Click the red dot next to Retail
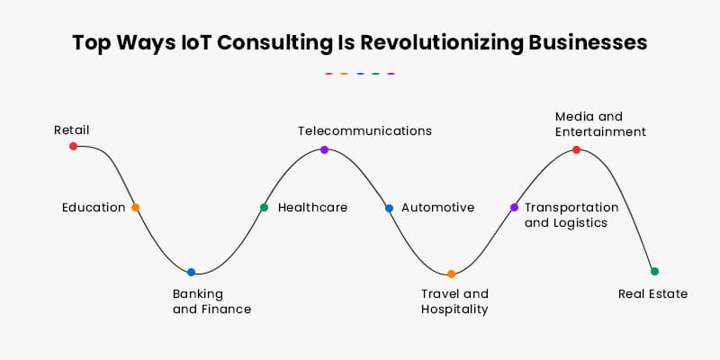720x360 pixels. click(x=74, y=146)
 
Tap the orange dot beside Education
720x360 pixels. click(x=135, y=207)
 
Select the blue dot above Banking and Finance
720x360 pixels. click(x=191, y=272)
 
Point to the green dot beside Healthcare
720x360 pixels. click(x=264, y=207)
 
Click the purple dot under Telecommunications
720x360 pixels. click(x=324, y=149)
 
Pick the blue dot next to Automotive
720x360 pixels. click(x=389, y=208)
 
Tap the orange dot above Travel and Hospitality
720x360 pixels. click(x=451, y=274)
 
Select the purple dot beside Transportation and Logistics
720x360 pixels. click(x=514, y=207)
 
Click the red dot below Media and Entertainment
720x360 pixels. click(x=576, y=150)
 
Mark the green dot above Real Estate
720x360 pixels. click(x=654, y=271)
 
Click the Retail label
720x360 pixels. click(x=71, y=130)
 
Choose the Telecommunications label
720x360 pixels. click(x=364, y=130)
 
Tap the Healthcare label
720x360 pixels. click(x=312, y=208)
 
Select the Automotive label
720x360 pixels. click(x=437, y=208)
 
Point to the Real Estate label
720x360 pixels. click(x=652, y=293)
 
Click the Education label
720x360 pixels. click(x=94, y=208)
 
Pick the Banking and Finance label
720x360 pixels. click(x=211, y=301)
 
